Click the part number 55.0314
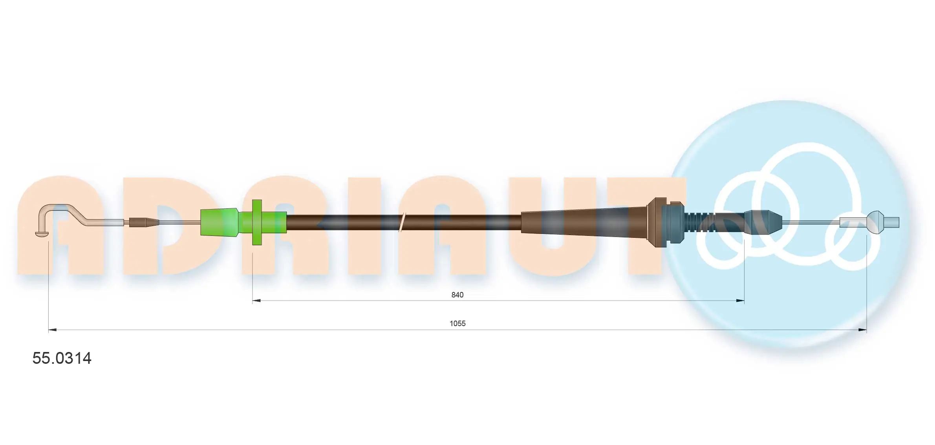point(62,358)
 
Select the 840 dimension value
point(457,295)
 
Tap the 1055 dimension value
point(457,323)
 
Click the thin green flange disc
point(257,222)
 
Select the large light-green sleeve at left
point(219,222)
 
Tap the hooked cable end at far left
point(44,222)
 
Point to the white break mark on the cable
point(402,222)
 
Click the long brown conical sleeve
point(581,222)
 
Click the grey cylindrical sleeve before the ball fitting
point(852,222)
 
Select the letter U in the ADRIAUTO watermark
point(552,228)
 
